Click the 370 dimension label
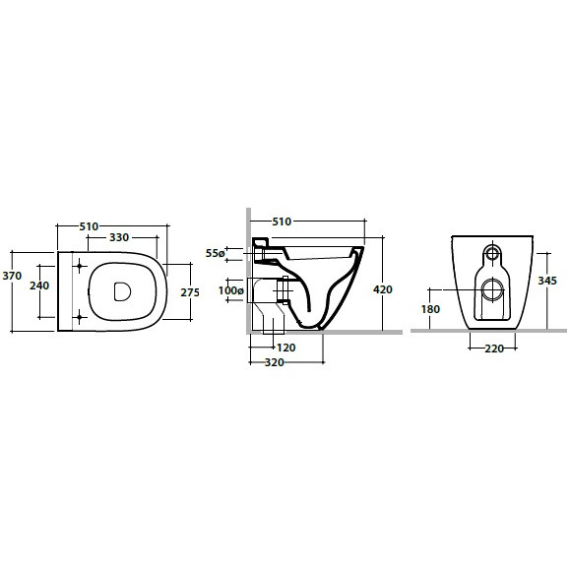coord(12,276)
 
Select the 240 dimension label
coord(39,285)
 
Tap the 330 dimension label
coord(119,237)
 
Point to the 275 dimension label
coord(190,292)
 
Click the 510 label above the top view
coord(89,226)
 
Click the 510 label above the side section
coord(282,222)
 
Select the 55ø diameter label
coord(215,253)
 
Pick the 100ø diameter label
coord(230,290)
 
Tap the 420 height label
coord(383,289)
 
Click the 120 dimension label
coord(285,348)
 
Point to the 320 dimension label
coord(275,362)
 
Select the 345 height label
coord(547,281)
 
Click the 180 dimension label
coord(430,309)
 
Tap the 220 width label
coord(494,349)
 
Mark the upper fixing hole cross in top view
coord(80,266)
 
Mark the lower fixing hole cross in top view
coord(80,318)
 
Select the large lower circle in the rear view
coord(492,289)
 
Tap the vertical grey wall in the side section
coord(248,270)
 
